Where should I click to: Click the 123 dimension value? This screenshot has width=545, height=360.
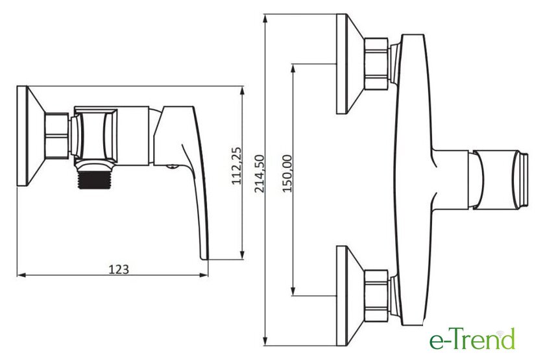click(119, 269)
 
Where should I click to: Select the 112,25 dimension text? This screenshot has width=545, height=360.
click(237, 166)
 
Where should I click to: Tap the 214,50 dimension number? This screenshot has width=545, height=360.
click(260, 173)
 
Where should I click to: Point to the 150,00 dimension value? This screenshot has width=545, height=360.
click(287, 173)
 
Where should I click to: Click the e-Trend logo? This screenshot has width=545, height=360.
click(472, 339)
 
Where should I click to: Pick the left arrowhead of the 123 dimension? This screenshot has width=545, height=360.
click(21, 275)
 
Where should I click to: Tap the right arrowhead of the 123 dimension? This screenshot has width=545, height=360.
click(204, 275)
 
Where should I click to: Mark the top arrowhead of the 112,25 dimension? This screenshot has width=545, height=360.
click(242, 91)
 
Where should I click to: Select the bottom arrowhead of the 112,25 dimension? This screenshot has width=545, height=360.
click(242, 255)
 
